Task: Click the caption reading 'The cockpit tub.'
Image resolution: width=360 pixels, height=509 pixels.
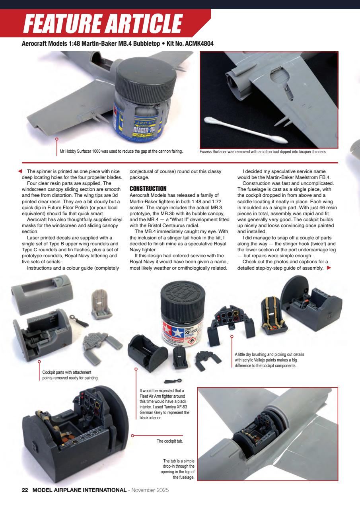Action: click(x=169, y=441)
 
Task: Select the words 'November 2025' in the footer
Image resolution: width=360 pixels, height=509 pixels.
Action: click(x=150, y=490)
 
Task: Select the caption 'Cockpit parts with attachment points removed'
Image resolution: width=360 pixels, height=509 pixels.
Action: click(x=70, y=375)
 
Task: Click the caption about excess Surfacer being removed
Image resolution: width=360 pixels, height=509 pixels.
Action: click(x=263, y=152)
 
